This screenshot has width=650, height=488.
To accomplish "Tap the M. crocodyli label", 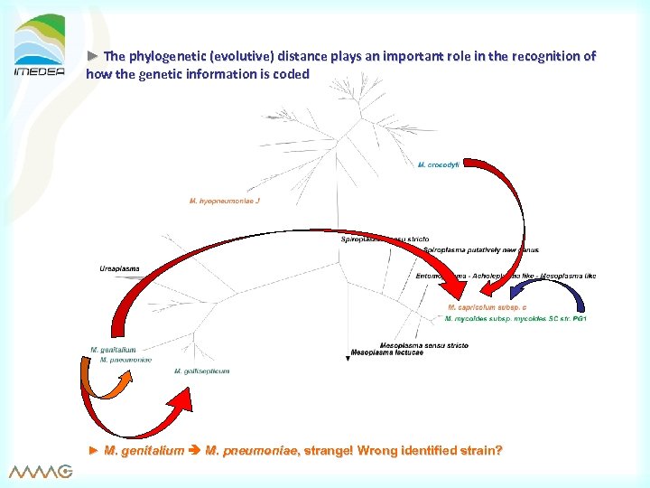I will click(x=439, y=164).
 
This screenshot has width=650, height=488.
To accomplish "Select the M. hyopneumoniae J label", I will click(x=224, y=201).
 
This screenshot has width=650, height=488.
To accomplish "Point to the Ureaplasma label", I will click(x=119, y=268).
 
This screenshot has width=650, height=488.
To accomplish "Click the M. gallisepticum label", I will click(x=201, y=371).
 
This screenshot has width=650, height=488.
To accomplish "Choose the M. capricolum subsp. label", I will click(x=493, y=308).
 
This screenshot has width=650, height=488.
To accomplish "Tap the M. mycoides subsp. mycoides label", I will click(x=515, y=318).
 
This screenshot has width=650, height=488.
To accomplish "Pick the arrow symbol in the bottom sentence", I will click(x=196, y=450).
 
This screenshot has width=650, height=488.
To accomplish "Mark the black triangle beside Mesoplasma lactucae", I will click(x=348, y=359).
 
